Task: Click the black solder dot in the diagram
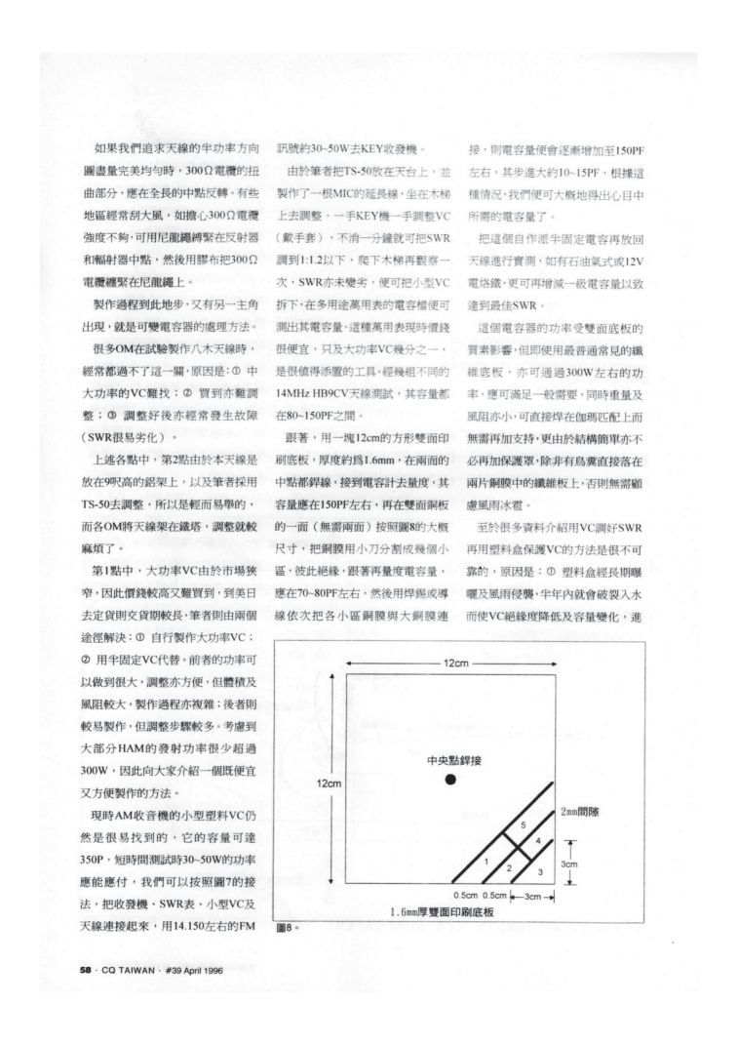[x=448, y=780]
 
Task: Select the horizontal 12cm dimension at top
[x=456, y=663]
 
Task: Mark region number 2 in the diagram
[x=508, y=867]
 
